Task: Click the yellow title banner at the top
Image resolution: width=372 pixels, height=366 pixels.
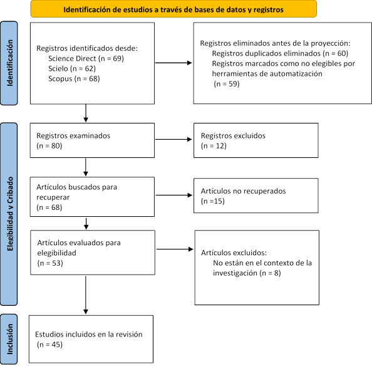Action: coord(173,9)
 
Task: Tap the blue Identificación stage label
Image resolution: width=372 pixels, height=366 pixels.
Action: coord(9,63)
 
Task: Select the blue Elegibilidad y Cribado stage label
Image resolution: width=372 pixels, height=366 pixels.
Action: coord(9,214)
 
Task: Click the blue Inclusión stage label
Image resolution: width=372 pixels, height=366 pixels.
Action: coord(9,339)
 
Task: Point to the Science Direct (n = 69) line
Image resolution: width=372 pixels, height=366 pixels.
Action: coord(86,58)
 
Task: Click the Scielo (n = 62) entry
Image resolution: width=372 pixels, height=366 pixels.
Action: coord(72,68)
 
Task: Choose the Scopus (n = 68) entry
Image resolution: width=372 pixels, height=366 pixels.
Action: coord(74,78)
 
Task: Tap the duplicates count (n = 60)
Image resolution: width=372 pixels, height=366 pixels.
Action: coord(336,53)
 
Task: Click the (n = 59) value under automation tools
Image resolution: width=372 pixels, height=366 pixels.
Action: coord(227,84)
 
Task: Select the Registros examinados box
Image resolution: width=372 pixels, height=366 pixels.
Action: coord(92,140)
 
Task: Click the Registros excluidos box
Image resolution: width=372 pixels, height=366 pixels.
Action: coord(256,140)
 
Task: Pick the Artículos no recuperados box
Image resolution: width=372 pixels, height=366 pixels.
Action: coord(256,196)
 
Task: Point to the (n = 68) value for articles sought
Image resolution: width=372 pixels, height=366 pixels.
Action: coord(49,207)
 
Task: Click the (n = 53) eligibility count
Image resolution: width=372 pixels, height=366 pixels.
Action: coord(50,263)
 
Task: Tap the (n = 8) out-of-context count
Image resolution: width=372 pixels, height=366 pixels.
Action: coord(270,273)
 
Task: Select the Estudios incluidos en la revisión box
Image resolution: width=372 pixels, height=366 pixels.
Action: coord(91,339)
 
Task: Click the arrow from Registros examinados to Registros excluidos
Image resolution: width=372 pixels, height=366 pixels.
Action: coord(173,139)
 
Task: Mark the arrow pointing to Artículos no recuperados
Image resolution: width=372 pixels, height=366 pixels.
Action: coord(174,195)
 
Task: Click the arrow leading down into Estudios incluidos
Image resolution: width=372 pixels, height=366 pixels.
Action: coord(86,295)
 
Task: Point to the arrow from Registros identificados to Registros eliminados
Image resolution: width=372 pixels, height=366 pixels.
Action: coord(173,63)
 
